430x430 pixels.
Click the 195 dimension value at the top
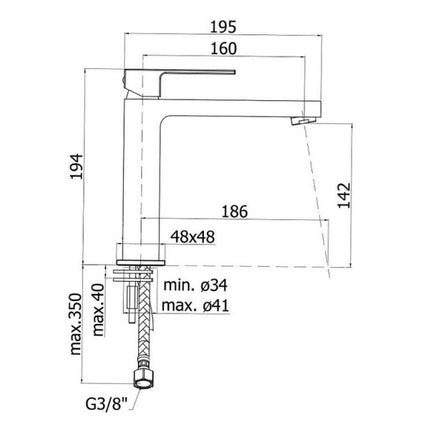[x=223, y=27]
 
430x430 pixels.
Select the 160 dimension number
[x=224, y=49]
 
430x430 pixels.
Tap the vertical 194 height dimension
[x=76, y=166]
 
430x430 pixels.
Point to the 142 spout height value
[x=344, y=195]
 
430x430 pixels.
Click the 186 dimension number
[x=235, y=212]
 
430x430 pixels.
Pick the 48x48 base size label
[x=192, y=237]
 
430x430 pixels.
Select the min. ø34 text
[x=196, y=285]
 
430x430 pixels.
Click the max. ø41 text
[x=196, y=306]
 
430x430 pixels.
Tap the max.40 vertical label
[x=98, y=310]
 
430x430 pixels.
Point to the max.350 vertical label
[x=76, y=324]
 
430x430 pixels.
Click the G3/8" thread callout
[x=107, y=405]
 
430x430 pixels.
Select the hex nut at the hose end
[x=144, y=378]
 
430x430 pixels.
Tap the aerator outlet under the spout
[x=303, y=121]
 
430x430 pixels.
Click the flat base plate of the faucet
[x=141, y=262]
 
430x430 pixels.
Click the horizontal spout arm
[x=240, y=108]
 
